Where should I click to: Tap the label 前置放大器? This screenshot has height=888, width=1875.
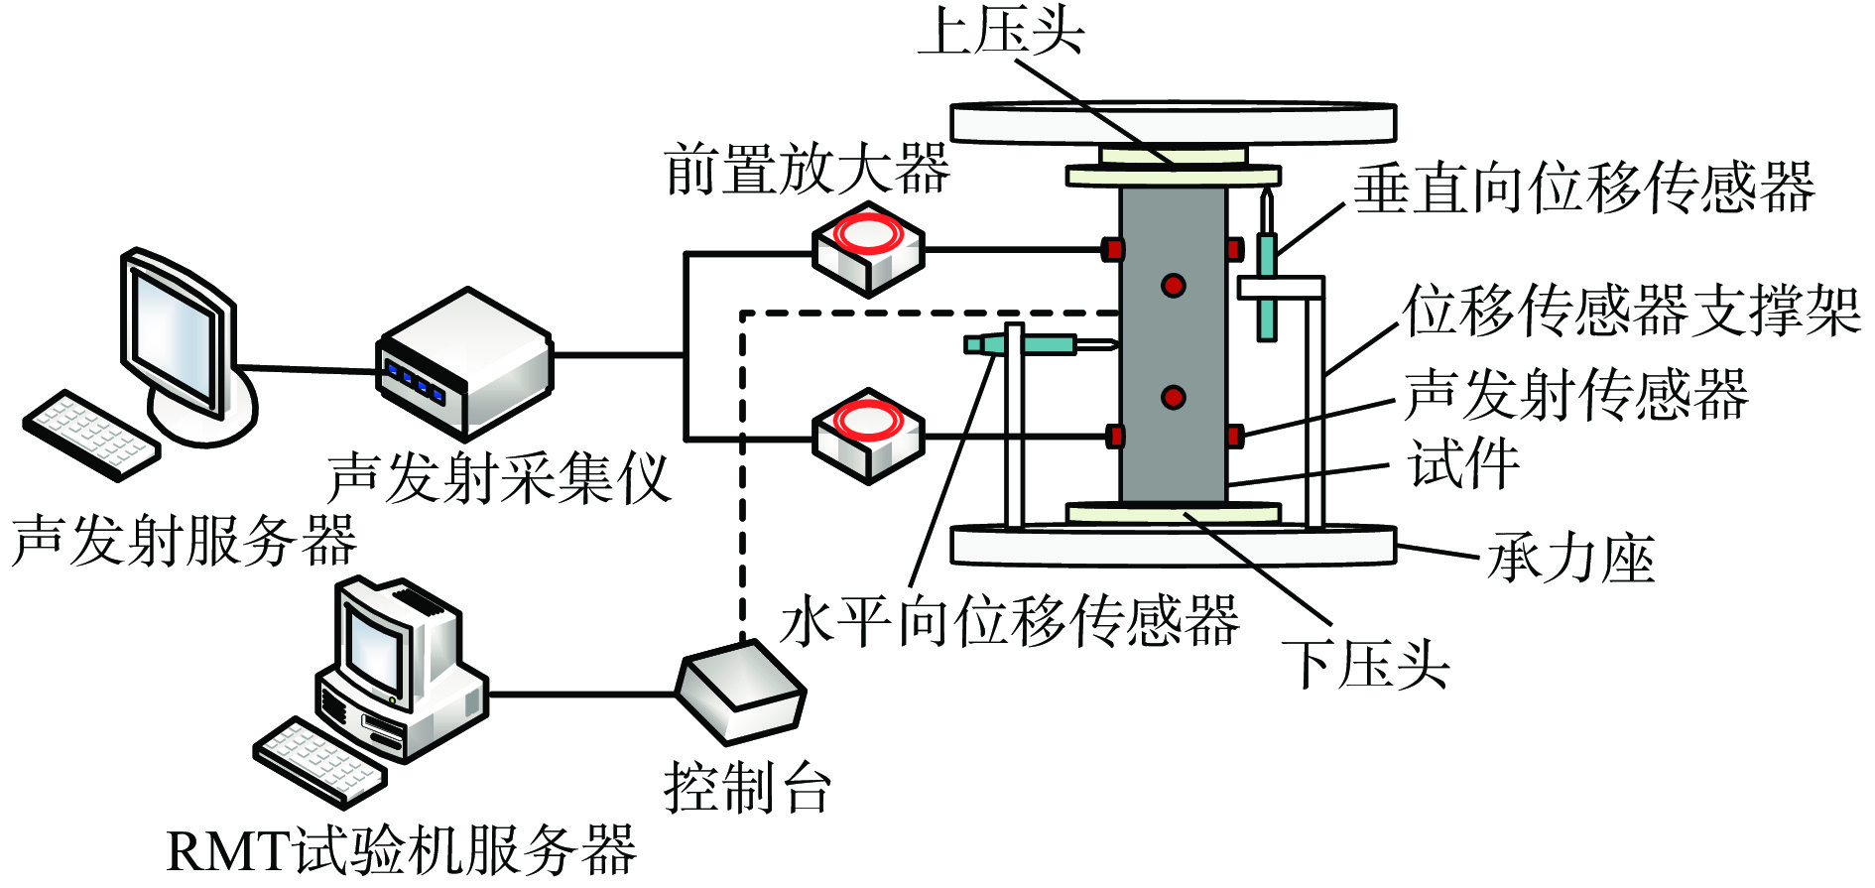[x=807, y=169]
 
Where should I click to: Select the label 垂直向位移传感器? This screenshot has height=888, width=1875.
[x=1583, y=188]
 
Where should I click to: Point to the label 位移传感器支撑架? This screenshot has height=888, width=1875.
[x=1631, y=311]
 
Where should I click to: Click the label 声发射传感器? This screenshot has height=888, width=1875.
[x=1575, y=394]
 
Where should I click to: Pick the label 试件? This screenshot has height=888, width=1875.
[x=1464, y=463]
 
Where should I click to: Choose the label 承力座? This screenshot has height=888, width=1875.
[x=1569, y=558]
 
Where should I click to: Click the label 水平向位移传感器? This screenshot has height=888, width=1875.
[x=1010, y=622]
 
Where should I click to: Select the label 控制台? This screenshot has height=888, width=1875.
[x=747, y=788]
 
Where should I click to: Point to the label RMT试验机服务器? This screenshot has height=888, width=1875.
[x=401, y=851]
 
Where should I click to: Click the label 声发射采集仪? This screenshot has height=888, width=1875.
[x=499, y=478]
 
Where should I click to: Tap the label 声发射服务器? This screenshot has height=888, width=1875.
[x=184, y=541]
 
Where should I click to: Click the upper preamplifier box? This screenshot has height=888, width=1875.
[x=868, y=248]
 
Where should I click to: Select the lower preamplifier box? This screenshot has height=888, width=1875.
[x=868, y=435]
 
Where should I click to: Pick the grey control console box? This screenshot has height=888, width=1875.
[x=740, y=691]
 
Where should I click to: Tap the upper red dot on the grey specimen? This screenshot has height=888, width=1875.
[x=1174, y=286]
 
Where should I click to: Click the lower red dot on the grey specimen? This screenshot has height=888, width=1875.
[x=1174, y=398]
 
